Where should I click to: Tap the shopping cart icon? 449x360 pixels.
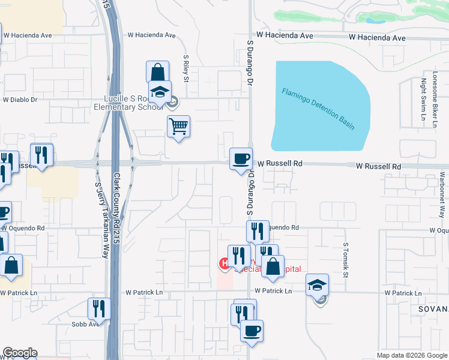pos(178,127)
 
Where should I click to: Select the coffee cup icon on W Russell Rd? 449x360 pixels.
pos(241,159)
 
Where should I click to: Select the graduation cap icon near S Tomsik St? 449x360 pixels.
pos(317,285)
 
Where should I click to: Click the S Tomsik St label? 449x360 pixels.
pos(346,260)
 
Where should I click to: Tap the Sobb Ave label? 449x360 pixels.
pos(87,324)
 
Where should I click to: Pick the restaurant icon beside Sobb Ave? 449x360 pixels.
pos(98,308)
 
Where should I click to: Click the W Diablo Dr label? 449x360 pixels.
pos(20,100)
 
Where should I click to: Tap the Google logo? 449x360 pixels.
pos(20,353)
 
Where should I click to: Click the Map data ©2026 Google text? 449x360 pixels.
pos(412,355)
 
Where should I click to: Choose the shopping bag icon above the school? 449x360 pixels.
pos(157,73)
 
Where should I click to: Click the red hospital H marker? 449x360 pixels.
pos(223,263)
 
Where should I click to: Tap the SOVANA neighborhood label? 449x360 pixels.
pos(430,308)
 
